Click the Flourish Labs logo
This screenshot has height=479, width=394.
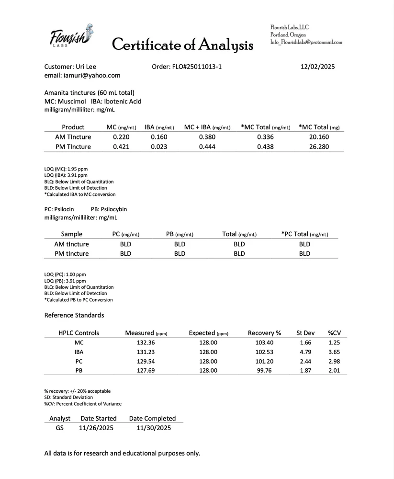(x=71, y=36)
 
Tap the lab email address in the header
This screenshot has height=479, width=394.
(x=306, y=42)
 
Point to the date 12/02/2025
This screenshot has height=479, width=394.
(x=314, y=67)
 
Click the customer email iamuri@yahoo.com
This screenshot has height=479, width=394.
(x=82, y=75)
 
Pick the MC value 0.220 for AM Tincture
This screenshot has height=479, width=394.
(x=121, y=137)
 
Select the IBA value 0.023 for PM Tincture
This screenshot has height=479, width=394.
(x=159, y=147)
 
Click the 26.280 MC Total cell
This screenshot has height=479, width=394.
(x=319, y=147)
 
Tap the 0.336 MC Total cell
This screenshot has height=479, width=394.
(x=265, y=137)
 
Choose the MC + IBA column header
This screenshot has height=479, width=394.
(x=207, y=127)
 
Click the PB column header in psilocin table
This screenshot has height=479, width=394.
(x=180, y=234)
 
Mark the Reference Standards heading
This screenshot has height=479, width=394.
(x=74, y=315)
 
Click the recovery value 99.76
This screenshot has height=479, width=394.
(x=264, y=370)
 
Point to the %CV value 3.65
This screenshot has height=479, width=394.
(x=334, y=352)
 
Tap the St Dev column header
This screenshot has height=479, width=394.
(x=305, y=333)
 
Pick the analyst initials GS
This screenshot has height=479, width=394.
(x=59, y=428)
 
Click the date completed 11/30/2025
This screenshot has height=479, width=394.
(x=153, y=428)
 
